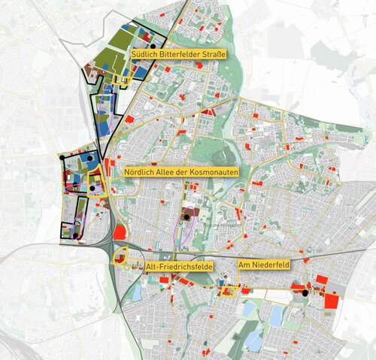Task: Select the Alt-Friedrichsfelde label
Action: click(182, 267)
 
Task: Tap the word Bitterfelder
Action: click(174, 54)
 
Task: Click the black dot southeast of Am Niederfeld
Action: click(304, 292)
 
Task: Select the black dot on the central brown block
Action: click(185, 219)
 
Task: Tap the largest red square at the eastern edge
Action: click(331, 301)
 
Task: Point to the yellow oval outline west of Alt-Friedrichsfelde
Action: click(120, 260)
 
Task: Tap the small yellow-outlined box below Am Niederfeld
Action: click(226, 289)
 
